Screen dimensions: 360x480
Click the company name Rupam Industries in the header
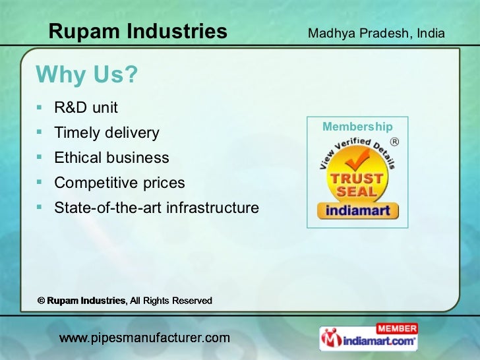point(138,31)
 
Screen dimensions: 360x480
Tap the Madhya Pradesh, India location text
point(376,33)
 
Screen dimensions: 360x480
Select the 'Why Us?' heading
point(87,76)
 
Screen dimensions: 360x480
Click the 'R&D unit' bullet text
point(86,107)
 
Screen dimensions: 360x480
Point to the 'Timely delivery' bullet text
point(106,133)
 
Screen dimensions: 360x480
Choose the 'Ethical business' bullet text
point(111,158)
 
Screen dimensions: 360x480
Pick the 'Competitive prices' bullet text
point(119,183)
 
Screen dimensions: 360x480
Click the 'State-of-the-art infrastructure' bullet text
point(156,208)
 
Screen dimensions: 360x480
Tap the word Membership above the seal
point(357,127)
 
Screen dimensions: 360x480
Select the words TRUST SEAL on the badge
point(357,185)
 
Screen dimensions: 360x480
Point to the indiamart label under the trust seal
point(357,211)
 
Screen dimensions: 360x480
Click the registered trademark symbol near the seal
point(394,141)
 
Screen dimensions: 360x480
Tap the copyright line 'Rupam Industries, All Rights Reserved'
point(125,301)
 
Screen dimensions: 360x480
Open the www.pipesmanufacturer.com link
point(145,338)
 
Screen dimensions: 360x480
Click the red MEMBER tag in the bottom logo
point(396,328)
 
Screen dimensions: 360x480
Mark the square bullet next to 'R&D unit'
point(41,106)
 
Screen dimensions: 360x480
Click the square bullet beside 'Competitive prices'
point(41,181)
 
